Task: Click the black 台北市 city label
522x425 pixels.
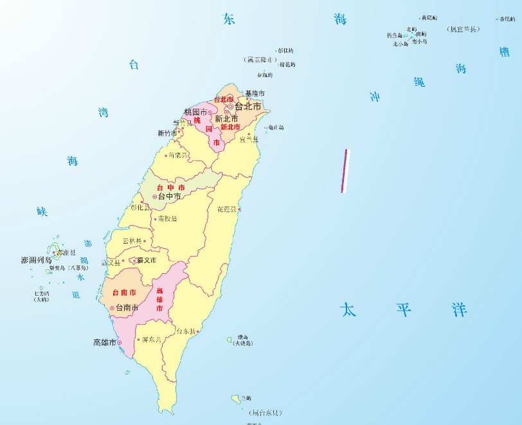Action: click(248, 107)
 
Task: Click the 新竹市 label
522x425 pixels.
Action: click(166, 134)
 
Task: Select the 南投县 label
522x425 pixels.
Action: click(167, 219)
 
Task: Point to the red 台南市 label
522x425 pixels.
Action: click(123, 293)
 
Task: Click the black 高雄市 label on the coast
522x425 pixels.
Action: click(104, 343)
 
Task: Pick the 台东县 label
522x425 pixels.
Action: click(186, 331)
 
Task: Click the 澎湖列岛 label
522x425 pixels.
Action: click(36, 260)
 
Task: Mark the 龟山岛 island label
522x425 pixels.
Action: click(276, 128)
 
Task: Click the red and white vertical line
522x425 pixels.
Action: click(345, 171)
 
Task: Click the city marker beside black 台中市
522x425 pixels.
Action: click(154, 197)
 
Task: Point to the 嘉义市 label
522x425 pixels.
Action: click(146, 260)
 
